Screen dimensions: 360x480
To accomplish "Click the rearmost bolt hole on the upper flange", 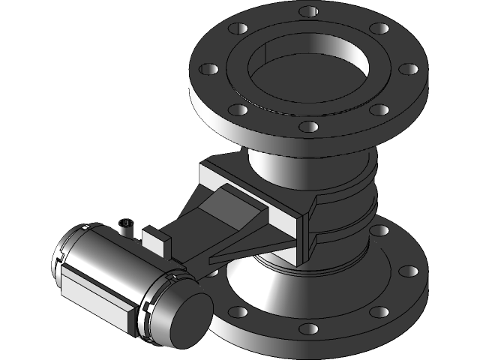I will click(307, 11).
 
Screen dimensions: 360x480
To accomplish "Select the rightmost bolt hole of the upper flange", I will click(409, 69).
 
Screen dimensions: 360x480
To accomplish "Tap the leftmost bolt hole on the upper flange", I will click(207, 70).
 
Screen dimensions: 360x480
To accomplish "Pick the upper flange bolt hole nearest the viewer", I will click(308, 128).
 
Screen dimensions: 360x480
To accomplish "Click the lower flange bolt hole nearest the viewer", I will click(308, 328).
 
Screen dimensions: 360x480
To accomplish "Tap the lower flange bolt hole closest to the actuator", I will click(238, 311).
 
